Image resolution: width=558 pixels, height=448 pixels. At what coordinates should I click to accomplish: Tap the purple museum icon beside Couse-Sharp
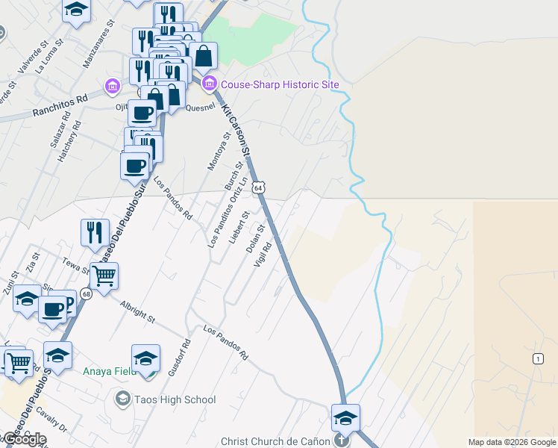pos(209,83)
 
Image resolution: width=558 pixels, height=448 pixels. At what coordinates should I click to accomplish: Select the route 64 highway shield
pos(257,188)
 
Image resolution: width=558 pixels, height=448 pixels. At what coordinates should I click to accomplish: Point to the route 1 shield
pos(538,359)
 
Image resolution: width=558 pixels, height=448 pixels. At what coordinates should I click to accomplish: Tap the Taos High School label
pos(175,399)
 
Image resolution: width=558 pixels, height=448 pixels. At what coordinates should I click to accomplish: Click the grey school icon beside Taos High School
pos(122,399)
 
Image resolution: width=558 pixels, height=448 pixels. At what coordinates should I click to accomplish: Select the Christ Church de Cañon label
pos(275,441)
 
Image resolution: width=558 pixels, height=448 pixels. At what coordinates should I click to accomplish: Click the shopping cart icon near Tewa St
pos(104,276)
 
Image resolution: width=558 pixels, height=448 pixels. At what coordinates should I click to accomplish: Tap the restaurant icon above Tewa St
pos(95,231)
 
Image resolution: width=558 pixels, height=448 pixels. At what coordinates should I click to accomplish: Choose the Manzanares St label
pos(98,49)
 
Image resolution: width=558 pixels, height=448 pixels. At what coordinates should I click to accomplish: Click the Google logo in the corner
pos(24,439)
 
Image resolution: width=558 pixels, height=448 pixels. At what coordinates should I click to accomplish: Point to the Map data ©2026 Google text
pos(512,442)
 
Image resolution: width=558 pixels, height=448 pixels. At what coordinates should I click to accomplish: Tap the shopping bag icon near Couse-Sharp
pos(203,55)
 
